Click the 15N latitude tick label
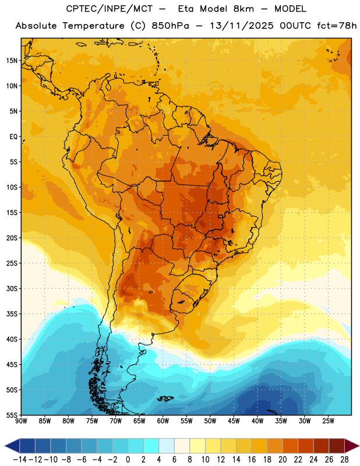(12, 61)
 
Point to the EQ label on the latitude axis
(13, 137)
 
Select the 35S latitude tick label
(12, 314)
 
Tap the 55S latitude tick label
(12, 415)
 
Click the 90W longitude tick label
(21, 421)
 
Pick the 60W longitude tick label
(163, 421)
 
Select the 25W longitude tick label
(328, 421)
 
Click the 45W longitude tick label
(234, 421)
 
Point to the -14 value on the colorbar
(20, 460)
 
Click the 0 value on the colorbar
(128, 460)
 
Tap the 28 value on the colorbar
(344, 460)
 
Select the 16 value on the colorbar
(252, 460)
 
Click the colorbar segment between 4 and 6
(167, 446)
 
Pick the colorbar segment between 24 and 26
(321, 446)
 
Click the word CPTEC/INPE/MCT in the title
(109, 9)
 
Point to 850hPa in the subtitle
(170, 26)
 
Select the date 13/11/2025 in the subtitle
(242, 26)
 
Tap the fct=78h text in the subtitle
(337, 26)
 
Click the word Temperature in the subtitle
(93, 26)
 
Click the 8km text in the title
(243, 9)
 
